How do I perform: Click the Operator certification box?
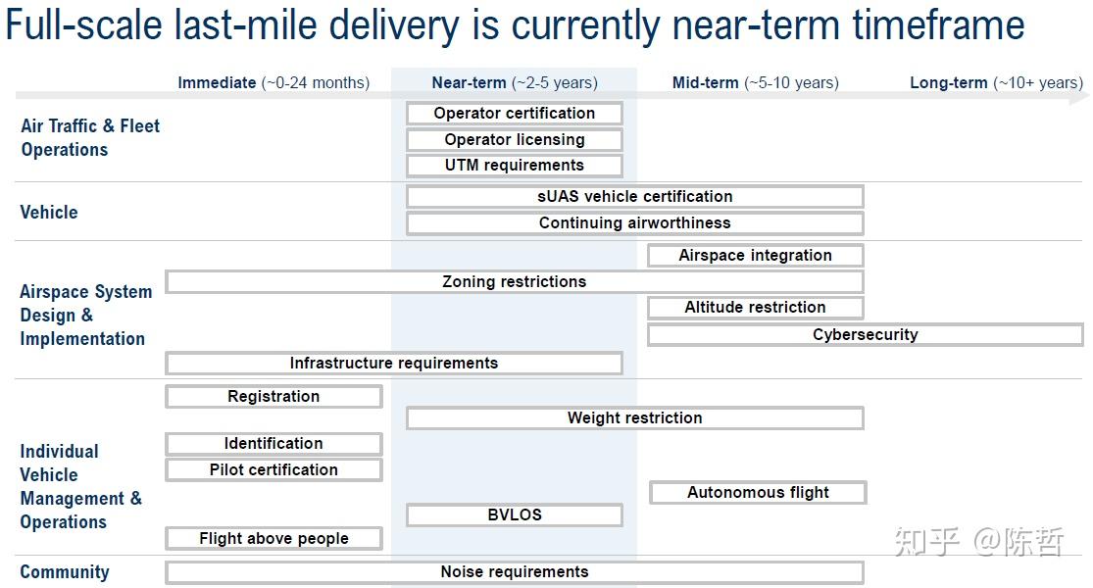coord(515,113)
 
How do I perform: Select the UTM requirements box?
coord(515,165)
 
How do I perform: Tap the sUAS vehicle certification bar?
coord(635,196)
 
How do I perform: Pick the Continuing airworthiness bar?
coord(635,222)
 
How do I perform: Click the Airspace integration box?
coord(756,255)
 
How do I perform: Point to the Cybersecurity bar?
coord(865,334)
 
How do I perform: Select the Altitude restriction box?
coord(756,308)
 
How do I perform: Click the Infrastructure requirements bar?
coord(394,363)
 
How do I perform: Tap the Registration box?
coord(273,397)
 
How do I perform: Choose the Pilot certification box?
coord(273,469)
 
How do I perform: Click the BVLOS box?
coord(515,514)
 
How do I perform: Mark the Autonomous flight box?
coord(758,493)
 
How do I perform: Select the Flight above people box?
coord(273,539)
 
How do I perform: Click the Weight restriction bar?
coord(635,418)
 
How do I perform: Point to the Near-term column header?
coord(515,83)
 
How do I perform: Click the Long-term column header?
coord(996,83)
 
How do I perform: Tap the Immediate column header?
coord(273,83)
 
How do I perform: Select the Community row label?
coord(65,572)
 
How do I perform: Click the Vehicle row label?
coord(49,212)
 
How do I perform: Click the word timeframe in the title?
coord(939,25)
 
